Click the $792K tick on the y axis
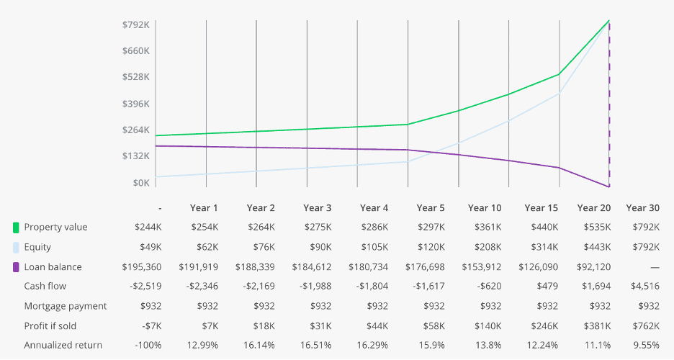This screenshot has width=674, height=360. coord(136,24)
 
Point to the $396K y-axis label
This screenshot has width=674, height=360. coord(136,104)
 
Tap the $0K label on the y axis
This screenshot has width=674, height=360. coord(140,183)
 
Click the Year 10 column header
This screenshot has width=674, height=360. coord(484,208)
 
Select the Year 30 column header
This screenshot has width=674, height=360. coord(642,208)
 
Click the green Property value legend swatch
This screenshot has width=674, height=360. coord(16,228)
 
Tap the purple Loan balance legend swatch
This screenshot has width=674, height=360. coord(16,267)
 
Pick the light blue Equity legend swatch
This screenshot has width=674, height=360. coord(16,247)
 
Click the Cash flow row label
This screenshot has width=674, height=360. coord(45,287)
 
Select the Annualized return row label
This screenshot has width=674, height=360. coord(63,346)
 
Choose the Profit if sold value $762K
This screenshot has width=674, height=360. coord(644,325)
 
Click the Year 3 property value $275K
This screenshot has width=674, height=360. coord(318,228)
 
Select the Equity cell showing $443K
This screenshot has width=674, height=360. coord(598,247)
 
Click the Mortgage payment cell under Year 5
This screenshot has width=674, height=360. coord(433,306)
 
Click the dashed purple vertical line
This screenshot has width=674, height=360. coord(609,108)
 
